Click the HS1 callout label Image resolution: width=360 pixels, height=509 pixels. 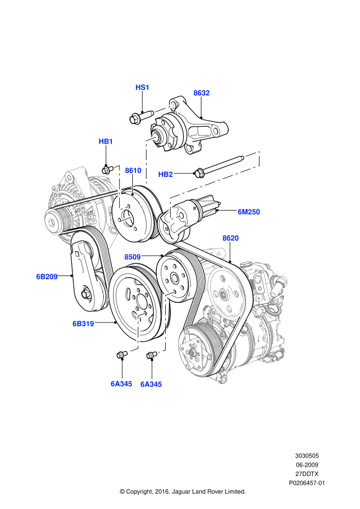click(142, 88)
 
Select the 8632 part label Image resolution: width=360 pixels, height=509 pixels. click(201, 93)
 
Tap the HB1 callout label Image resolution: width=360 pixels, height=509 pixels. click(105, 142)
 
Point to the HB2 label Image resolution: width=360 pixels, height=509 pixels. click(166, 174)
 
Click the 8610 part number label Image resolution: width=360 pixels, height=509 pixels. click(133, 171)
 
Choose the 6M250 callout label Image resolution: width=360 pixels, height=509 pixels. click(249, 211)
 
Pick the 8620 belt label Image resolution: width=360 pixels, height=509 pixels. click(230, 238)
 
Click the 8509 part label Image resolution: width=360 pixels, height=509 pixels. click(132, 257)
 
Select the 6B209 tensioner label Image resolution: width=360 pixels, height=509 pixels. click(47, 276)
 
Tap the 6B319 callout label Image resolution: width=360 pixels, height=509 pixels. click(83, 324)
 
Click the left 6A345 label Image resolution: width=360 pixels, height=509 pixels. click(121, 384)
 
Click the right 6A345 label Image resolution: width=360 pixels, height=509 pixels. click(151, 384)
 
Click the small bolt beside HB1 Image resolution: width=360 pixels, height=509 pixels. click(108, 168)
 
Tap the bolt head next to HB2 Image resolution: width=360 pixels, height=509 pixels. click(199, 174)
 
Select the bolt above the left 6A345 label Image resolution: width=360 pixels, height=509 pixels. click(121, 355)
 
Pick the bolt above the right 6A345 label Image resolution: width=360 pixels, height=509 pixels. click(151, 356)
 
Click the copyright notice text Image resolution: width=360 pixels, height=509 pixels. click(182, 491)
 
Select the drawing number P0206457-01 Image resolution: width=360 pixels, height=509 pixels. click(307, 483)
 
